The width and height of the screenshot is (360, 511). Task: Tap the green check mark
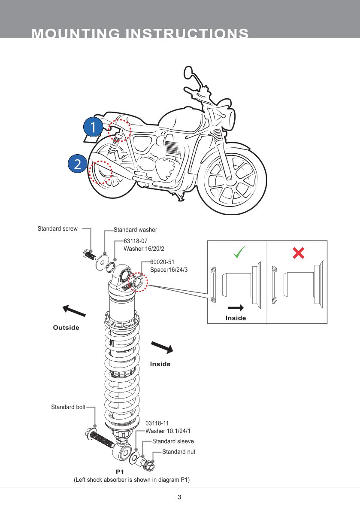pos(240,252)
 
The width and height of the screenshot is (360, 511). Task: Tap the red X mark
pos(298,253)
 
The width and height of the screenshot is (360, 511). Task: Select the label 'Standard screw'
pos(57,229)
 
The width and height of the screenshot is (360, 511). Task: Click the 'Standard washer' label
pos(135,230)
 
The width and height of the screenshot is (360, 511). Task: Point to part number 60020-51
pos(162,262)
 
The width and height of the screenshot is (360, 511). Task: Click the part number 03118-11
pos(157,423)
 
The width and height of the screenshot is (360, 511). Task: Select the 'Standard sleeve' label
pos(173,441)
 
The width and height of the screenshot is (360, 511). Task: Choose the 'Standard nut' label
pos(178,452)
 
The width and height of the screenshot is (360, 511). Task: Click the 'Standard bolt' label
pos(68,407)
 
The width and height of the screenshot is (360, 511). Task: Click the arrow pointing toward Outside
pos(74,311)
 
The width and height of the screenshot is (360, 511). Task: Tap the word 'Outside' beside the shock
pos(66,328)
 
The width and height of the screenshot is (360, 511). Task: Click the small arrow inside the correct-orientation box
pos(236,307)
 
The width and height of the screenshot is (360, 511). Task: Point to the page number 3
pos(179,498)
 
